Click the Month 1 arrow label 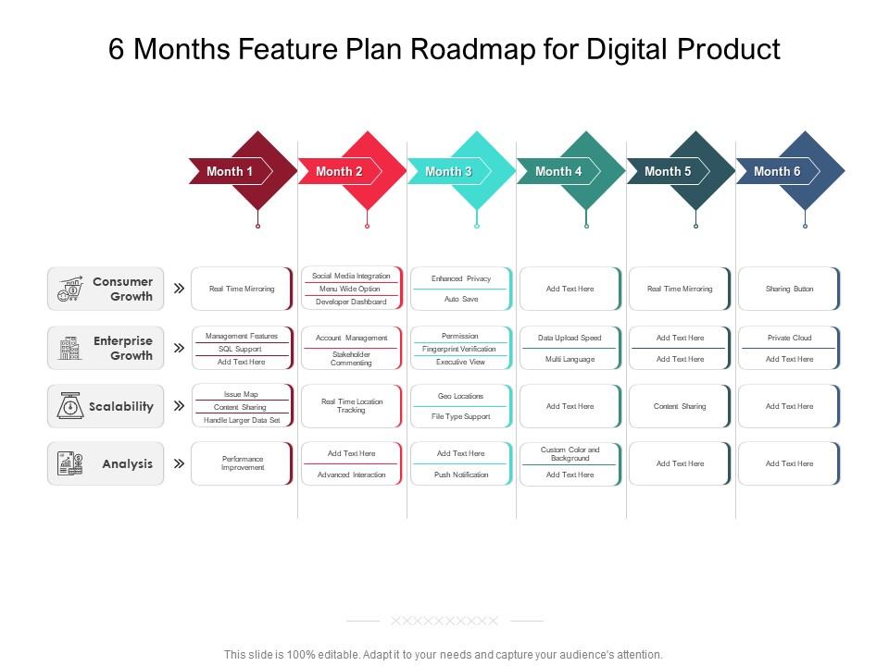pyautogui.click(x=229, y=171)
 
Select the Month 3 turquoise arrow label pyautogui.click(x=448, y=171)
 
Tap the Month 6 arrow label pyautogui.click(x=777, y=171)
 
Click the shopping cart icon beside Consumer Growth pyautogui.click(x=70, y=289)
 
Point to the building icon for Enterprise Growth pyautogui.click(x=69, y=348)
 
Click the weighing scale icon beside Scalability pyautogui.click(x=70, y=405)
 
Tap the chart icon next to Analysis pyautogui.click(x=70, y=463)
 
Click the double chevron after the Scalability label pyautogui.click(x=179, y=405)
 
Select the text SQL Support pyautogui.click(x=240, y=349)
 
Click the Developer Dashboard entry pyautogui.click(x=351, y=302)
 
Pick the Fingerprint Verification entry pyautogui.click(x=458, y=349)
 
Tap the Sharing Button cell pyautogui.click(x=789, y=289)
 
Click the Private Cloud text pyautogui.click(x=789, y=338)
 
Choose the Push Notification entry pyautogui.click(x=461, y=475)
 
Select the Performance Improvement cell pyautogui.click(x=243, y=463)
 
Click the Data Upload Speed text pyautogui.click(x=570, y=338)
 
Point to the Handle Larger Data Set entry pyautogui.click(x=242, y=420)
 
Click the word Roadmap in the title pyautogui.click(x=473, y=49)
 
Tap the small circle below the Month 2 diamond pyautogui.click(x=368, y=226)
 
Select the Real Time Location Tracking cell pyautogui.click(x=352, y=405)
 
